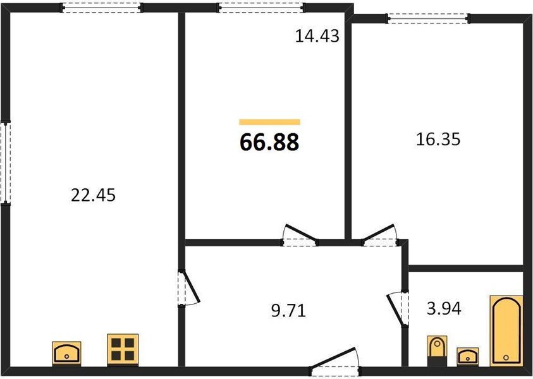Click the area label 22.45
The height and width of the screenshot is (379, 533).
[x=93, y=195]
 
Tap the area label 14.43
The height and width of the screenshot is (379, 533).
[x=317, y=36]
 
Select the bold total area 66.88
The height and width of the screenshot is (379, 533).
[x=269, y=142]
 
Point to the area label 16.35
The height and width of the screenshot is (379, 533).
[x=438, y=139]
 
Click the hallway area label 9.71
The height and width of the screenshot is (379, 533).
[x=288, y=310]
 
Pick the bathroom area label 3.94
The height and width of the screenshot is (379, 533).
[x=444, y=309]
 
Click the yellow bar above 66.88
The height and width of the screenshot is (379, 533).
[x=269, y=123]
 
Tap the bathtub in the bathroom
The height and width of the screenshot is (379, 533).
[x=506, y=331]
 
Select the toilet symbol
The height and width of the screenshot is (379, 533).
[x=436, y=351]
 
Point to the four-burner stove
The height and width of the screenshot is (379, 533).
[x=123, y=350]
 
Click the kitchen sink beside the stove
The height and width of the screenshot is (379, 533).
[x=66, y=354]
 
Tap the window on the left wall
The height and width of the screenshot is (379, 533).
[x=6, y=162]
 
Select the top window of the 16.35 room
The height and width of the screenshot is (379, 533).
[x=428, y=19]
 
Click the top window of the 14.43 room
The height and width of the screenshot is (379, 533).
[x=261, y=8]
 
